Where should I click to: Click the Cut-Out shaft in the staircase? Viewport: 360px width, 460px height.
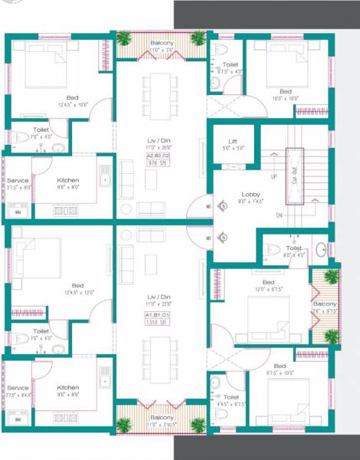pos(294,175)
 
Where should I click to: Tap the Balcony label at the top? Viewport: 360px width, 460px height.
pos(162,44)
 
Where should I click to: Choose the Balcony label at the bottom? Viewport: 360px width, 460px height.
pos(162,417)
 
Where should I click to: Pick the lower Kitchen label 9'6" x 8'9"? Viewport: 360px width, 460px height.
pos(68,389)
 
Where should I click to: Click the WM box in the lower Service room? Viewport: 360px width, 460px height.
pos(17,417)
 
